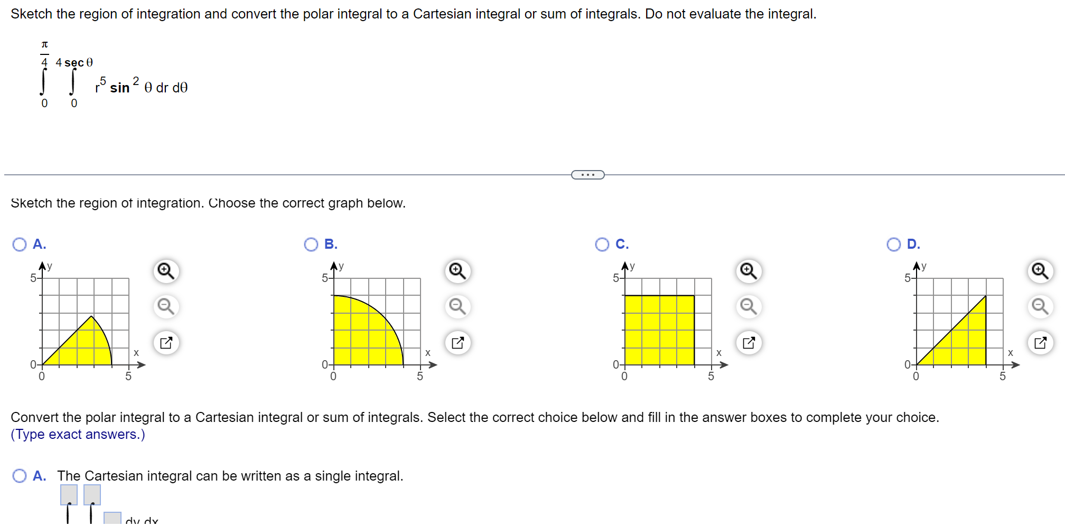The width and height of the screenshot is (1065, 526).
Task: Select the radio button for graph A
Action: [20, 245]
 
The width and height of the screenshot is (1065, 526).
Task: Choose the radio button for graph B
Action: [311, 245]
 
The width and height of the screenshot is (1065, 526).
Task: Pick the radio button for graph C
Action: [602, 245]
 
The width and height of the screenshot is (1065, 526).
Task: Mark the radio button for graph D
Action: [894, 245]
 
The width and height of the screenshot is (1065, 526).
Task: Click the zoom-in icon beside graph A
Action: [166, 271]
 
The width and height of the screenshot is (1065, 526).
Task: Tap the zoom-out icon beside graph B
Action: [457, 306]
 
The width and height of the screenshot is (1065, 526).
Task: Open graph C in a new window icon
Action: [749, 343]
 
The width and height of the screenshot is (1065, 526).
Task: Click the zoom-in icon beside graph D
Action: [1041, 271]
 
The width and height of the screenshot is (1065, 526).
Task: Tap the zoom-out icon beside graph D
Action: [1041, 306]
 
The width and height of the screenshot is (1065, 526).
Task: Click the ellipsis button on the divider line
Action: [587, 175]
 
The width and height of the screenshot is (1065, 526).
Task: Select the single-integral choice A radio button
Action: [20, 476]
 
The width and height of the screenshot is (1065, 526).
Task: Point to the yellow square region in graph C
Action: [659, 330]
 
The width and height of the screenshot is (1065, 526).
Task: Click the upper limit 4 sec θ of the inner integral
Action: [74, 63]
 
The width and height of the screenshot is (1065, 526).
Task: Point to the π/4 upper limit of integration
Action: [45, 53]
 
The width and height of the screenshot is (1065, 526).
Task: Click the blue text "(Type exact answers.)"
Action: [78, 435]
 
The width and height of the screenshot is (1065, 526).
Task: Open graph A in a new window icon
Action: [166, 343]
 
